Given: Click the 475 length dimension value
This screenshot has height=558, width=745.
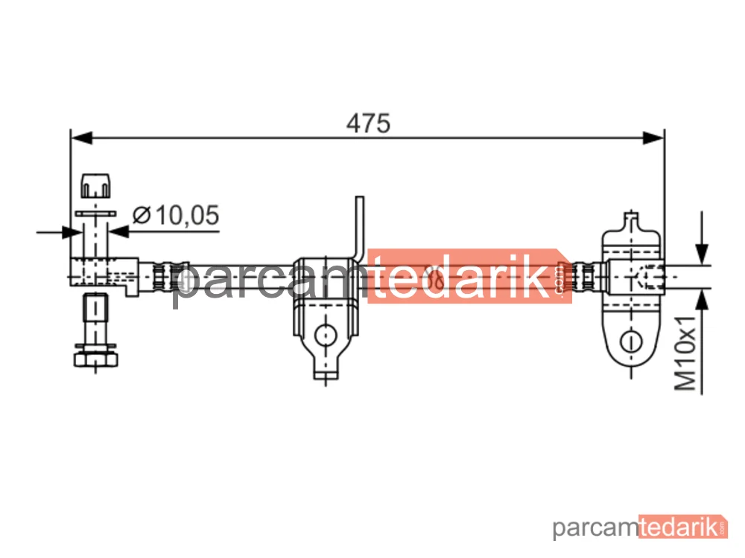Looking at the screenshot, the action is (368, 124).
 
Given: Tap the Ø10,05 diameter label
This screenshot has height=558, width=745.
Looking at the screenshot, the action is (176, 215).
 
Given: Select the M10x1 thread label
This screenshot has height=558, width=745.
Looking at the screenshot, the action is (685, 352).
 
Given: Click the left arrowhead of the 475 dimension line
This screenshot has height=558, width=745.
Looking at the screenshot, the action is (81, 138).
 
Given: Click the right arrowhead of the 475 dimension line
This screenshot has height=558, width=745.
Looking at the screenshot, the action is (653, 138).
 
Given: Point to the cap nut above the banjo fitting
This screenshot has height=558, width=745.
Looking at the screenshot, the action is (95, 185).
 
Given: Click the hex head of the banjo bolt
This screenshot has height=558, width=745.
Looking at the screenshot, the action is (95, 359).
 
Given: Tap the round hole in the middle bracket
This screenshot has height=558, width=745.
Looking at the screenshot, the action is (326, 335).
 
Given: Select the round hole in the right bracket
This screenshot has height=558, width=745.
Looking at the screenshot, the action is (631, 341).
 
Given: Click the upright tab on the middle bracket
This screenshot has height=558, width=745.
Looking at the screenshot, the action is (360, 228).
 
